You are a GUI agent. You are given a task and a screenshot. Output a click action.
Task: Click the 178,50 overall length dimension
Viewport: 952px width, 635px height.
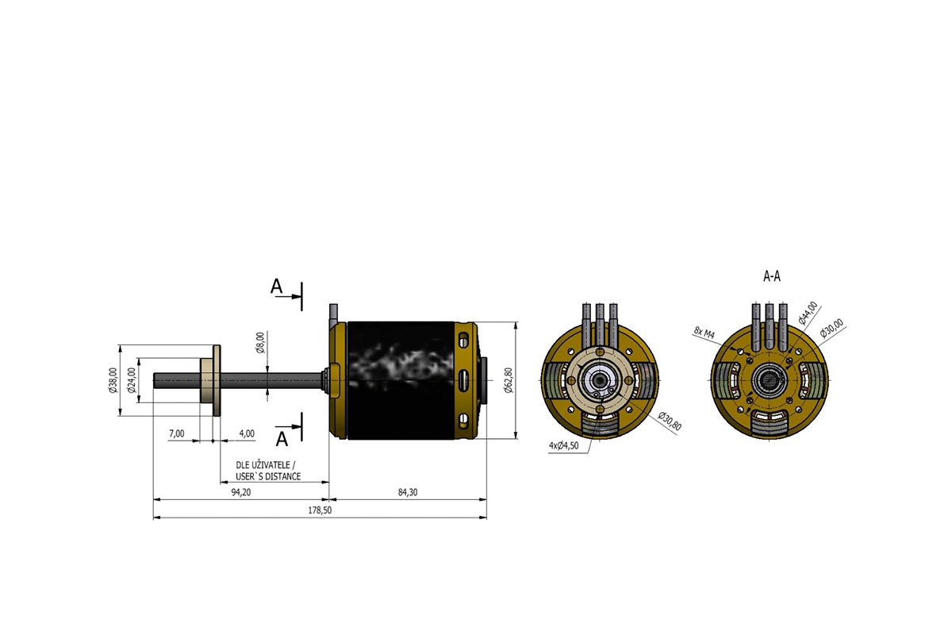[x=320, y=510]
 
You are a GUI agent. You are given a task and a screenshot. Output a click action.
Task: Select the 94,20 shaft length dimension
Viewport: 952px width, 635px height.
[x=240, y=492]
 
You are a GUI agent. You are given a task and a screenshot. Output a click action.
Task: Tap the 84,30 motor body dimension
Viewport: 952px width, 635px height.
[x=407, y=492]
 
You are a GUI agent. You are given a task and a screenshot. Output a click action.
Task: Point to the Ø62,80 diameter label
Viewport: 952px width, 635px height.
[x=509, y=379]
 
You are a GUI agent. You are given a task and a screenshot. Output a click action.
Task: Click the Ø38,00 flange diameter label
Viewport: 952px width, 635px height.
[x=113, y=379]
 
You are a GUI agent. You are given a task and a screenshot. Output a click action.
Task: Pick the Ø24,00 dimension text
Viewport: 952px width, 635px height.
[x=132, y=379]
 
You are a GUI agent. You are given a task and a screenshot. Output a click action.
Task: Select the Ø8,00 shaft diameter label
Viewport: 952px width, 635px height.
[x=260, y=343]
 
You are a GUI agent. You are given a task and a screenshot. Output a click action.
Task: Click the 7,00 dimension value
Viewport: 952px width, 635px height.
[x=177, y=433]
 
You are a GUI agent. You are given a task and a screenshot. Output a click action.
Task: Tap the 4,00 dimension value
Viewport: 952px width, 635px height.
[x=247, y=433]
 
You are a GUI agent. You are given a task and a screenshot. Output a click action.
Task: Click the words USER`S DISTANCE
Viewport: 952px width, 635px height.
[x=268, y=476]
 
